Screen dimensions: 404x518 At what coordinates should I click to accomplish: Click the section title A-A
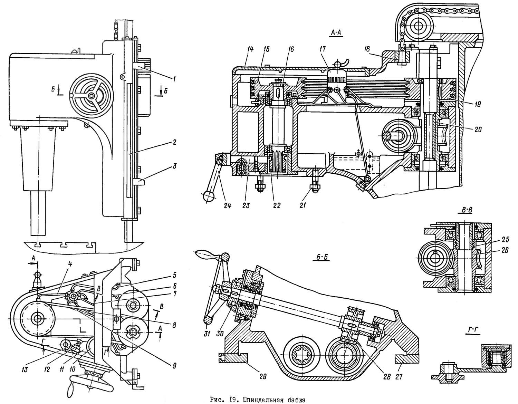tap(336, 33)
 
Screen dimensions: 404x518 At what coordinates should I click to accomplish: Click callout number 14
tap(250, 49)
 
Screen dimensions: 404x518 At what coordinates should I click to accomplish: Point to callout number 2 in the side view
tap(175, 142)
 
